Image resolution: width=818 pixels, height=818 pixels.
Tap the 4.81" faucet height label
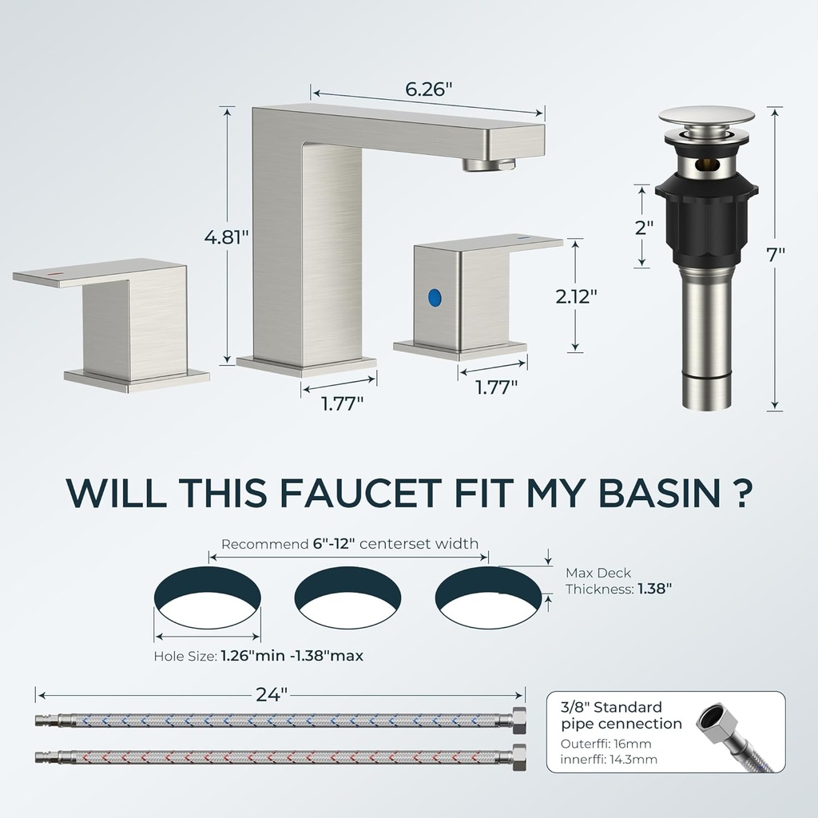226,237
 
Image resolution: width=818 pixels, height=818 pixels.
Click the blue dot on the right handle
434,298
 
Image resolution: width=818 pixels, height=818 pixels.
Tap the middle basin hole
348,598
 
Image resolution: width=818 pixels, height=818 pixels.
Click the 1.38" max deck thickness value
654,589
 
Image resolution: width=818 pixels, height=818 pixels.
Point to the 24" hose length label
272,694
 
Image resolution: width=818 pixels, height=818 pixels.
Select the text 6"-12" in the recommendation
336,544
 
